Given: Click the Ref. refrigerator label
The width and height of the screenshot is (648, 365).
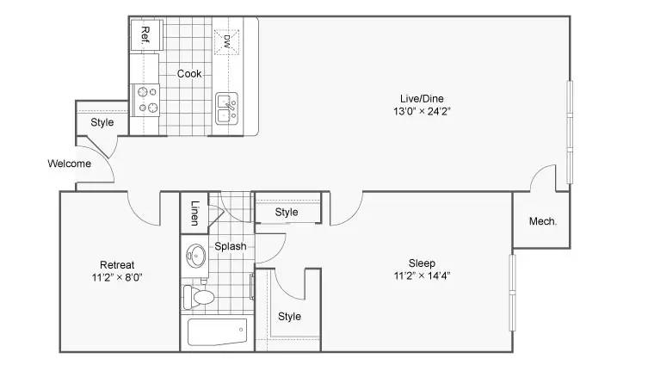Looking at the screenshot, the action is [145, 35].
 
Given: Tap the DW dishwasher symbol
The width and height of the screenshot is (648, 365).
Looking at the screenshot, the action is [226, 41].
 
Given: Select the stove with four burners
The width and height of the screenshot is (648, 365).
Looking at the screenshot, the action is [145, 100].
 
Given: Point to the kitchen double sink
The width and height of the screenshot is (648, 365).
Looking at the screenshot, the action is [227, 108].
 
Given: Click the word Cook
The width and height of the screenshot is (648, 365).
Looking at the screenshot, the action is [189, 73].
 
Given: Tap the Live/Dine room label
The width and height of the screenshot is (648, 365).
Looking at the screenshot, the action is [422, 98].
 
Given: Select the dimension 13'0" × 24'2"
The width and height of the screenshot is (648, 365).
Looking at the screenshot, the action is [422, 111].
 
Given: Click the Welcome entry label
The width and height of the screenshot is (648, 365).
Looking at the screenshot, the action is [70, 164].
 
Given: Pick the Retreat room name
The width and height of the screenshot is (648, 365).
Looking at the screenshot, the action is [117, 264].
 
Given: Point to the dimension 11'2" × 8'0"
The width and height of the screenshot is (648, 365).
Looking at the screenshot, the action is [117, 277].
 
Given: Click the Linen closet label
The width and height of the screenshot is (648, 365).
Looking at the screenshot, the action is [195, 213].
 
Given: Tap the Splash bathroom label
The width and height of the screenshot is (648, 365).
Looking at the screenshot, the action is [230, 246].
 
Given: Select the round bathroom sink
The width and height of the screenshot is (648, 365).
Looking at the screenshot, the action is [195, 256].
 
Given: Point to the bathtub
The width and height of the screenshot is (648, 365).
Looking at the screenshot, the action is [217, 331].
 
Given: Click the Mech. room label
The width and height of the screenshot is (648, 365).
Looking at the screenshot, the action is [543, 221].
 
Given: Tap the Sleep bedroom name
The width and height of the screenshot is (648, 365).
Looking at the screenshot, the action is [422, 263].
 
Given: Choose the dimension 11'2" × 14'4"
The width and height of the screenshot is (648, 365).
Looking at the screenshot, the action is [422, 275].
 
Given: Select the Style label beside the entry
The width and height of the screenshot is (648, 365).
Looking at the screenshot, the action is [102, 122].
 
